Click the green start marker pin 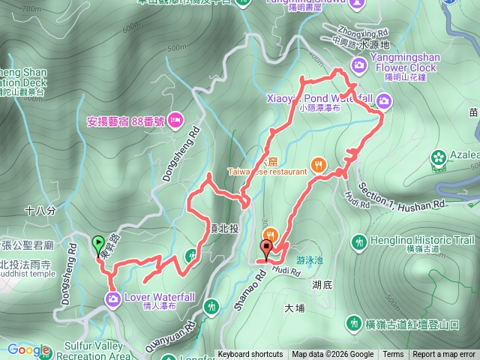coord(97,244)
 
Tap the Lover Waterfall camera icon coord(112,301)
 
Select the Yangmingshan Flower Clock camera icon coord(360,65)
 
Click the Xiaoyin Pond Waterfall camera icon coord(384,100)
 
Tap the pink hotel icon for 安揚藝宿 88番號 coord(175,119)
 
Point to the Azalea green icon coord(439,157)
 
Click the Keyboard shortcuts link coord(250,355)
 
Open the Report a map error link coord(444,355)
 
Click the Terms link coord(393,355)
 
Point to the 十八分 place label coord(40,211)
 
